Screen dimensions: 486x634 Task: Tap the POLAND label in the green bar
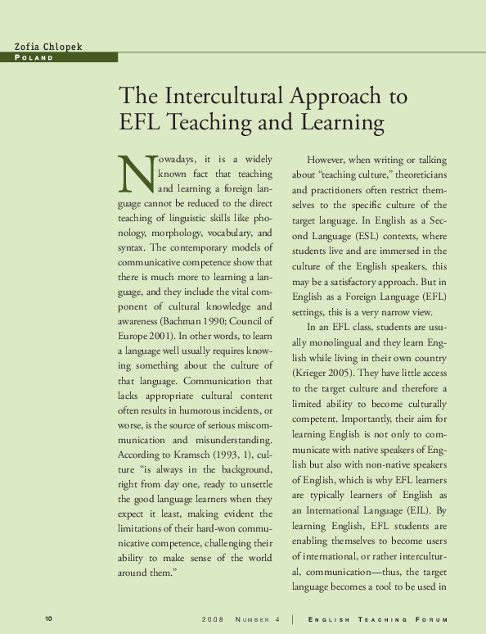(34, 58)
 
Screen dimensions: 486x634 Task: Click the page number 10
(48, 618)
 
